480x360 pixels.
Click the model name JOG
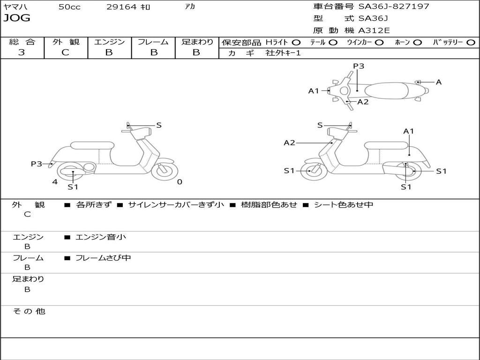(x=17, y=18)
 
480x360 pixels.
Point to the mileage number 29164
(x=121, y=7)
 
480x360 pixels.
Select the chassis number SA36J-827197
(x=394, y=7)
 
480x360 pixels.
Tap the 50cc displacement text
(x=69, y=7)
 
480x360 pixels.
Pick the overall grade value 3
(x=22, y=52)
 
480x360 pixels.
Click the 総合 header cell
(x=22, y=42)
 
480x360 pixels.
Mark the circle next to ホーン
(x=417, y=43)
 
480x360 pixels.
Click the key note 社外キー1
(x=283, y=53)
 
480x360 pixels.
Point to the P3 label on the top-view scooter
(x=359, y=66)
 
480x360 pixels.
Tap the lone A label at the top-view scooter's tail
(x=439, y=82)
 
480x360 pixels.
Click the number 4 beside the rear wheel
(x=55, y=182)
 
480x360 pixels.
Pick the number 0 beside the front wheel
(x=180, y=182)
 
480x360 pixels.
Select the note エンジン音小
(x=101, y=237)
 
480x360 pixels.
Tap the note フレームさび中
(x=103, y=258)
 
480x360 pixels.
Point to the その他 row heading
(x=29, y=311)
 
